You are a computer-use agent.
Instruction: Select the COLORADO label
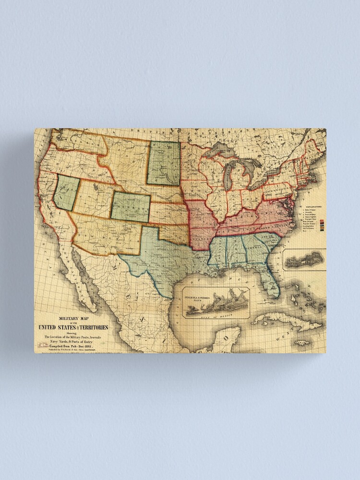coord(130,207)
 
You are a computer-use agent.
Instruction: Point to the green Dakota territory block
coord(164,163)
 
